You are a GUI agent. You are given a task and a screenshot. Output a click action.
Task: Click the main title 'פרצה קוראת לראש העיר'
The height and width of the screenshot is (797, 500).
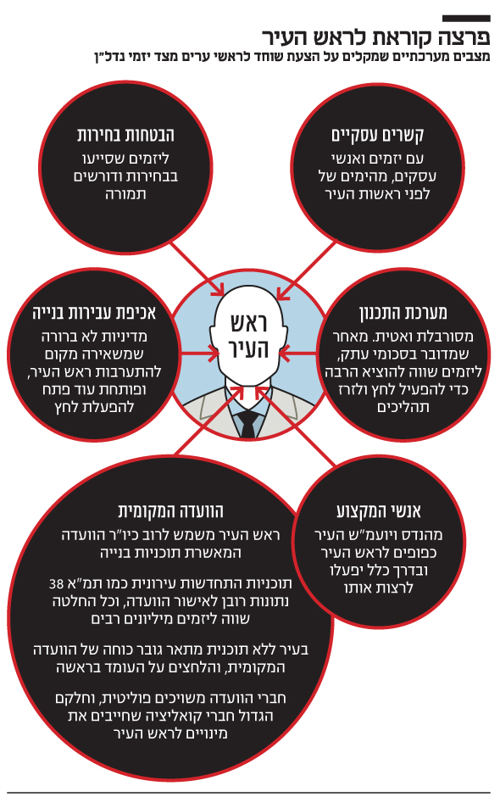[376, 37]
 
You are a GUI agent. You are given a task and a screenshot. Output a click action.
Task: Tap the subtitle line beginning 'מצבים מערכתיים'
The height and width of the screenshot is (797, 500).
[292, 56]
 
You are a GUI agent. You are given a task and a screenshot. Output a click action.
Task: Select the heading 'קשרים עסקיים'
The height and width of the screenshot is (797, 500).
[377, 136]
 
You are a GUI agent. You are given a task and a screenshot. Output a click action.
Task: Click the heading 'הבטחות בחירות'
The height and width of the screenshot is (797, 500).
[125, 135]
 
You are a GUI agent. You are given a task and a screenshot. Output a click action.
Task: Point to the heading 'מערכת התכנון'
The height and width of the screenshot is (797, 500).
[403, 313]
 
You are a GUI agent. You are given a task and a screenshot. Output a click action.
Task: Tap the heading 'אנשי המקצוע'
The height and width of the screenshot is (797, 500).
[379, 510]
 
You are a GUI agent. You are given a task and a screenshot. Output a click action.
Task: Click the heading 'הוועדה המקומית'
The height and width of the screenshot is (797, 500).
[170, 510]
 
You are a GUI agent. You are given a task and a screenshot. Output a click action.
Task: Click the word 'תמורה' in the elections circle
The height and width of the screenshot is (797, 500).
[125, 194]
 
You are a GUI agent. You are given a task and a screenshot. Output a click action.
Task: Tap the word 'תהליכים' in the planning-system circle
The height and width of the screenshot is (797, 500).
[403, 408]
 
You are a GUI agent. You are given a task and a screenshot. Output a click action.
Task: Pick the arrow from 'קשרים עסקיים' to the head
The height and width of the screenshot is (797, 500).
[307, 270]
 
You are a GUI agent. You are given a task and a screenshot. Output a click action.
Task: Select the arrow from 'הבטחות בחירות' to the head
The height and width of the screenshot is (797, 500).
[196, 269]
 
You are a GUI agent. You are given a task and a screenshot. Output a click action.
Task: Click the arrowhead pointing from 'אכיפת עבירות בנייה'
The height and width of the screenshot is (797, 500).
[215, 353]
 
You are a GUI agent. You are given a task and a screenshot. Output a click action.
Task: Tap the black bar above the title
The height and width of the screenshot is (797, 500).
[466, 19]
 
